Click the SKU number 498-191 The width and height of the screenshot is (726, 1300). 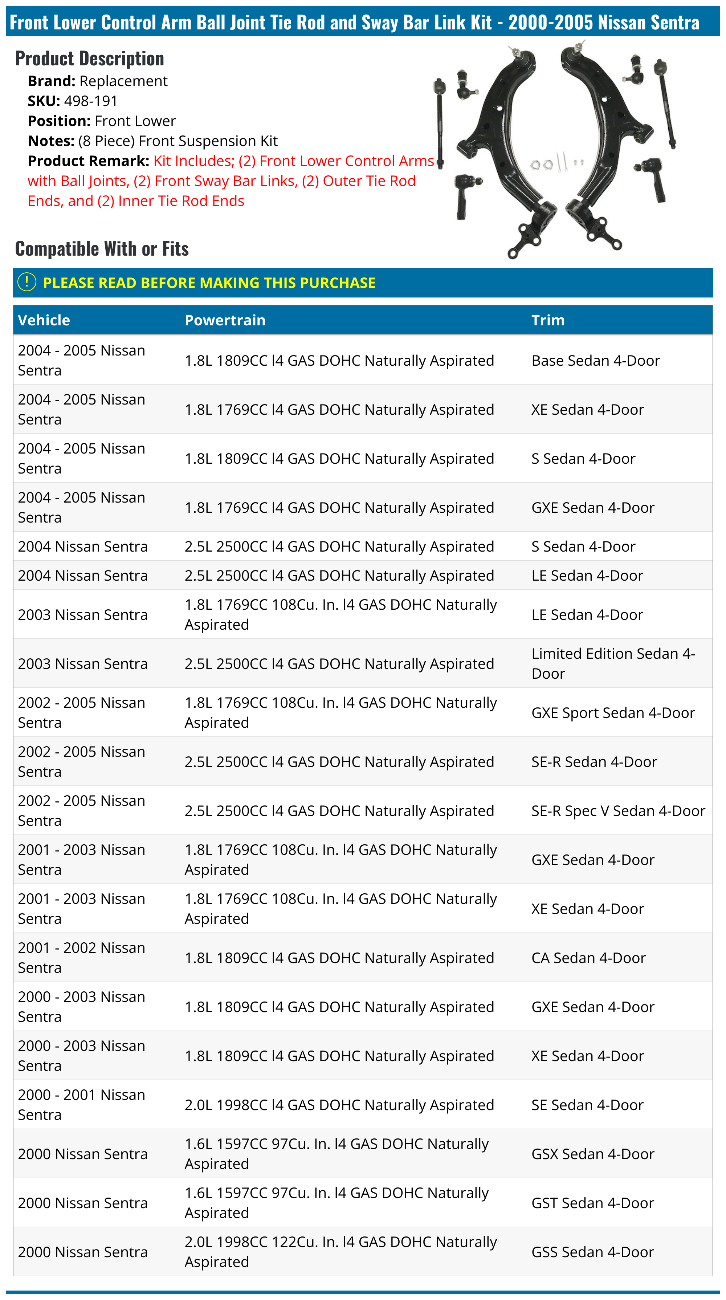tap(90, 101)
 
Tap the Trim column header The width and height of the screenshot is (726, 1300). tap(547, 320)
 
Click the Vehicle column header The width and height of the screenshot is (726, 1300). tap(44, 320)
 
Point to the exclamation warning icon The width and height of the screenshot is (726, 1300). tap(27, 282)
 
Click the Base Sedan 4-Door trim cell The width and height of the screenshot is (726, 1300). tap(595, 360)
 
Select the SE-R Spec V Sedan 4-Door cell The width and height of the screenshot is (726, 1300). tap(617, 811)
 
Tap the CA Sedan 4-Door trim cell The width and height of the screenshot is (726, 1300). tap(588, 957)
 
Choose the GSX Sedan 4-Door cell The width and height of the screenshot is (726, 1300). tap(592, 1154)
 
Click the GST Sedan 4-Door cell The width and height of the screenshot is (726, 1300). tap(592, 1203)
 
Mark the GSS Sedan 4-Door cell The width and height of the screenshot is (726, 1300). tap(592, 1252)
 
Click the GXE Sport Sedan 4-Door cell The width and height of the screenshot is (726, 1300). tap(612, 712)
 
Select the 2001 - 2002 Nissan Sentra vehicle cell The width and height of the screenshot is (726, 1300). tap(81, 957)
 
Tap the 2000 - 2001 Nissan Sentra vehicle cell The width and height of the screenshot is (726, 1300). tap(81, 1104)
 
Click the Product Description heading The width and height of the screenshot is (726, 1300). tap(89, 58)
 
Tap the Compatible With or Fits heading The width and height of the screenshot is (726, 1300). tap(102, 249)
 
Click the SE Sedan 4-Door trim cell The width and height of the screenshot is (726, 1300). tap(587, 1105)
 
